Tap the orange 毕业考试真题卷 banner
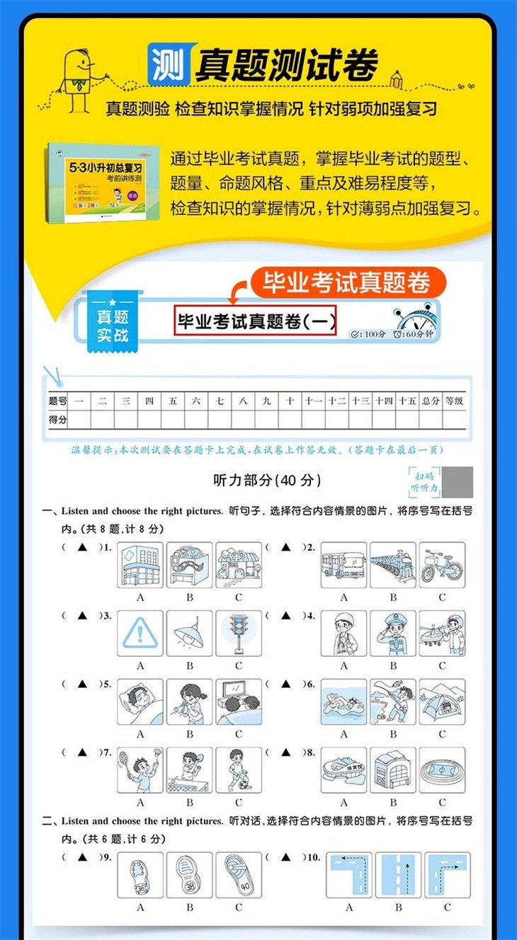347,282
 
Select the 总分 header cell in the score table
431,401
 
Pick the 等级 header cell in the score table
454,401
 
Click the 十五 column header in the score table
407,401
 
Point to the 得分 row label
58,419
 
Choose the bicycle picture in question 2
442,565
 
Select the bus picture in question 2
343,565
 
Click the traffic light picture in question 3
239,633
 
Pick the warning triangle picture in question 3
140,633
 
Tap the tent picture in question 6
442,701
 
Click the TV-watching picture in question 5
239,701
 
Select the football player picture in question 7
239,769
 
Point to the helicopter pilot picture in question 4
442,633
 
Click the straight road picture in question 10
398,875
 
